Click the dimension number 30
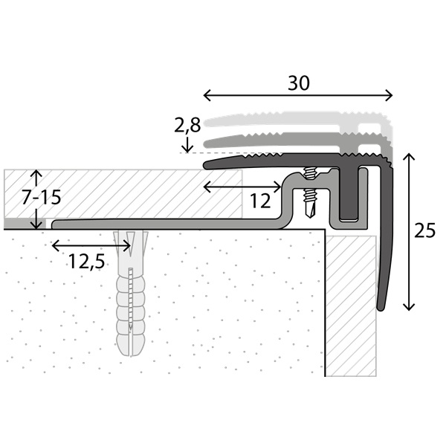tap(298, 83)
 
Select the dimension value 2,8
tap(187, 126)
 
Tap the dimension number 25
tap(424, 230)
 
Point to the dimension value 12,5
tap(87, 262)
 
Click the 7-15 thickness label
tap(42, 198)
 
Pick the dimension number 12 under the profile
tap(260, 201)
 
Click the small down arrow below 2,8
tap(187, 144)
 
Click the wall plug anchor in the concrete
tap(131, 293)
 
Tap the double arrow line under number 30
tap(298, 95)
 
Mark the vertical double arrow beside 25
tap(409, 231)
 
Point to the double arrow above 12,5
tap(91, 246)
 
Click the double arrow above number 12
tap(242, 187)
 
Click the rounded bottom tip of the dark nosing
tap(381, 308)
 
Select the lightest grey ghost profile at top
tap(299, 123)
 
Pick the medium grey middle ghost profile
tap(299, 143)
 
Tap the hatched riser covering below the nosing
tap(351, 306)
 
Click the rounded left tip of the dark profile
tap(207, 165)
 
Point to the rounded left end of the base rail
tap(55, 224)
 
